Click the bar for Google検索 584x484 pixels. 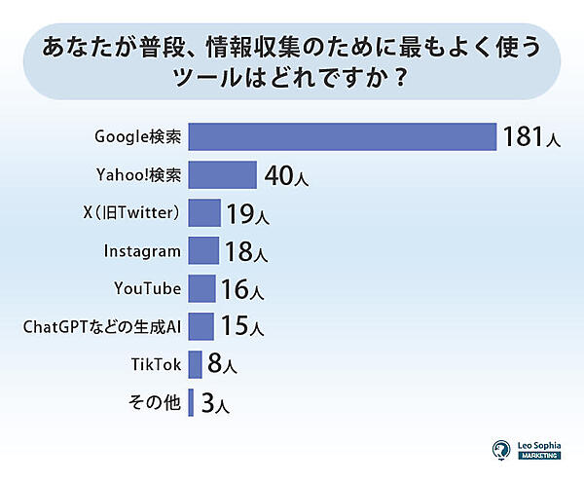pyautogui.click(x=342, y=137)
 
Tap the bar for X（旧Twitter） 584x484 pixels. pyautogui.click(x=203, y=213)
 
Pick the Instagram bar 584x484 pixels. pyautogui.click(x=202, y=250)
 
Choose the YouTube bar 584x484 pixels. pyautogui.click(x=201, y=288)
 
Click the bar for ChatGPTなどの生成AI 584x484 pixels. pyautogui.click(x=200, y=326)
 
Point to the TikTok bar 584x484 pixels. pyautogui.click(x=195, y=364)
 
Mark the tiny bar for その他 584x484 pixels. pyautogui.click(x=191, y=401)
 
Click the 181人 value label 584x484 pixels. pyautogui.click(x=531, y=137)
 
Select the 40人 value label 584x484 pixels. pyautogui.click(x=286, y=176)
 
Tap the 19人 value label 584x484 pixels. pyautogui.click(x=246, y=214)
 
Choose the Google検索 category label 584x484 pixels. pyautogui.click(x=137, y=137)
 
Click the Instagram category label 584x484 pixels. pyautogui.click(x=142, y=250)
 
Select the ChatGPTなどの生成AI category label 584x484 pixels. pyautogui.click(x=102, y=326)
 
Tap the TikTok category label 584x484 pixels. pyautogui.click(x=156, y=364)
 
